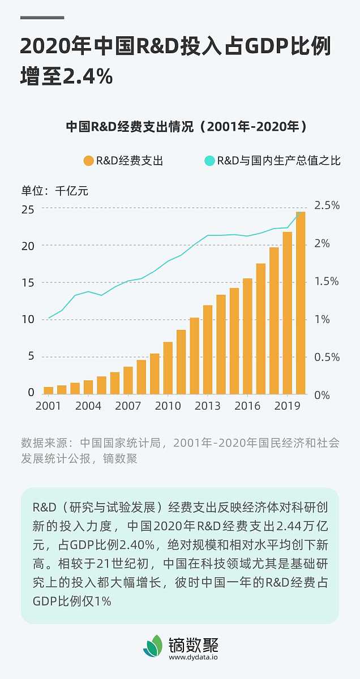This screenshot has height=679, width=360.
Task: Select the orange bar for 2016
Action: (247, 336)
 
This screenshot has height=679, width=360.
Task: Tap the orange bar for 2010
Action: (168, 368)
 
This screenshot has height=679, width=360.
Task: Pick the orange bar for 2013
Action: (208, 350)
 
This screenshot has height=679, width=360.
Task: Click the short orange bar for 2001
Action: (49, 390)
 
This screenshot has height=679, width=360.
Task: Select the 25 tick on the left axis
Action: (28, 209)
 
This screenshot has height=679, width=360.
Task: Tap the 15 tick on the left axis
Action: (28, 283)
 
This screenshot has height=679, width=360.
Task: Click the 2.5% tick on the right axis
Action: (327, 205)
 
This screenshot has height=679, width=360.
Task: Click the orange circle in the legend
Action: (88, 161)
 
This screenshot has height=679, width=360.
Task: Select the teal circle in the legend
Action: (209, 161)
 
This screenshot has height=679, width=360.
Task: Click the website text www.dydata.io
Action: (193, 657)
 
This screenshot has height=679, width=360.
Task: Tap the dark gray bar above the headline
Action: (42, 18)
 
